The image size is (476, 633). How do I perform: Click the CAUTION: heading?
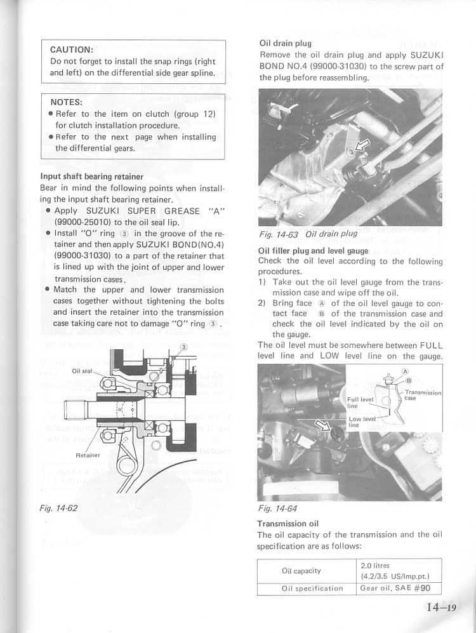coord(72,49)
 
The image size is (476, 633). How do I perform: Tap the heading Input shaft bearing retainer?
coord(91,177)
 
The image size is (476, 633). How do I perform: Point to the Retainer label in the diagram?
coord(88,455)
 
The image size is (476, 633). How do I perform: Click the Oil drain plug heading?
coord(285,43)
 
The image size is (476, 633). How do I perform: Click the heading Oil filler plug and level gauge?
coord(313,251)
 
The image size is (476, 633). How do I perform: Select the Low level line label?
coord(362,422)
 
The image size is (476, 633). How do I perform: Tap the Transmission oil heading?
coord(288,524)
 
